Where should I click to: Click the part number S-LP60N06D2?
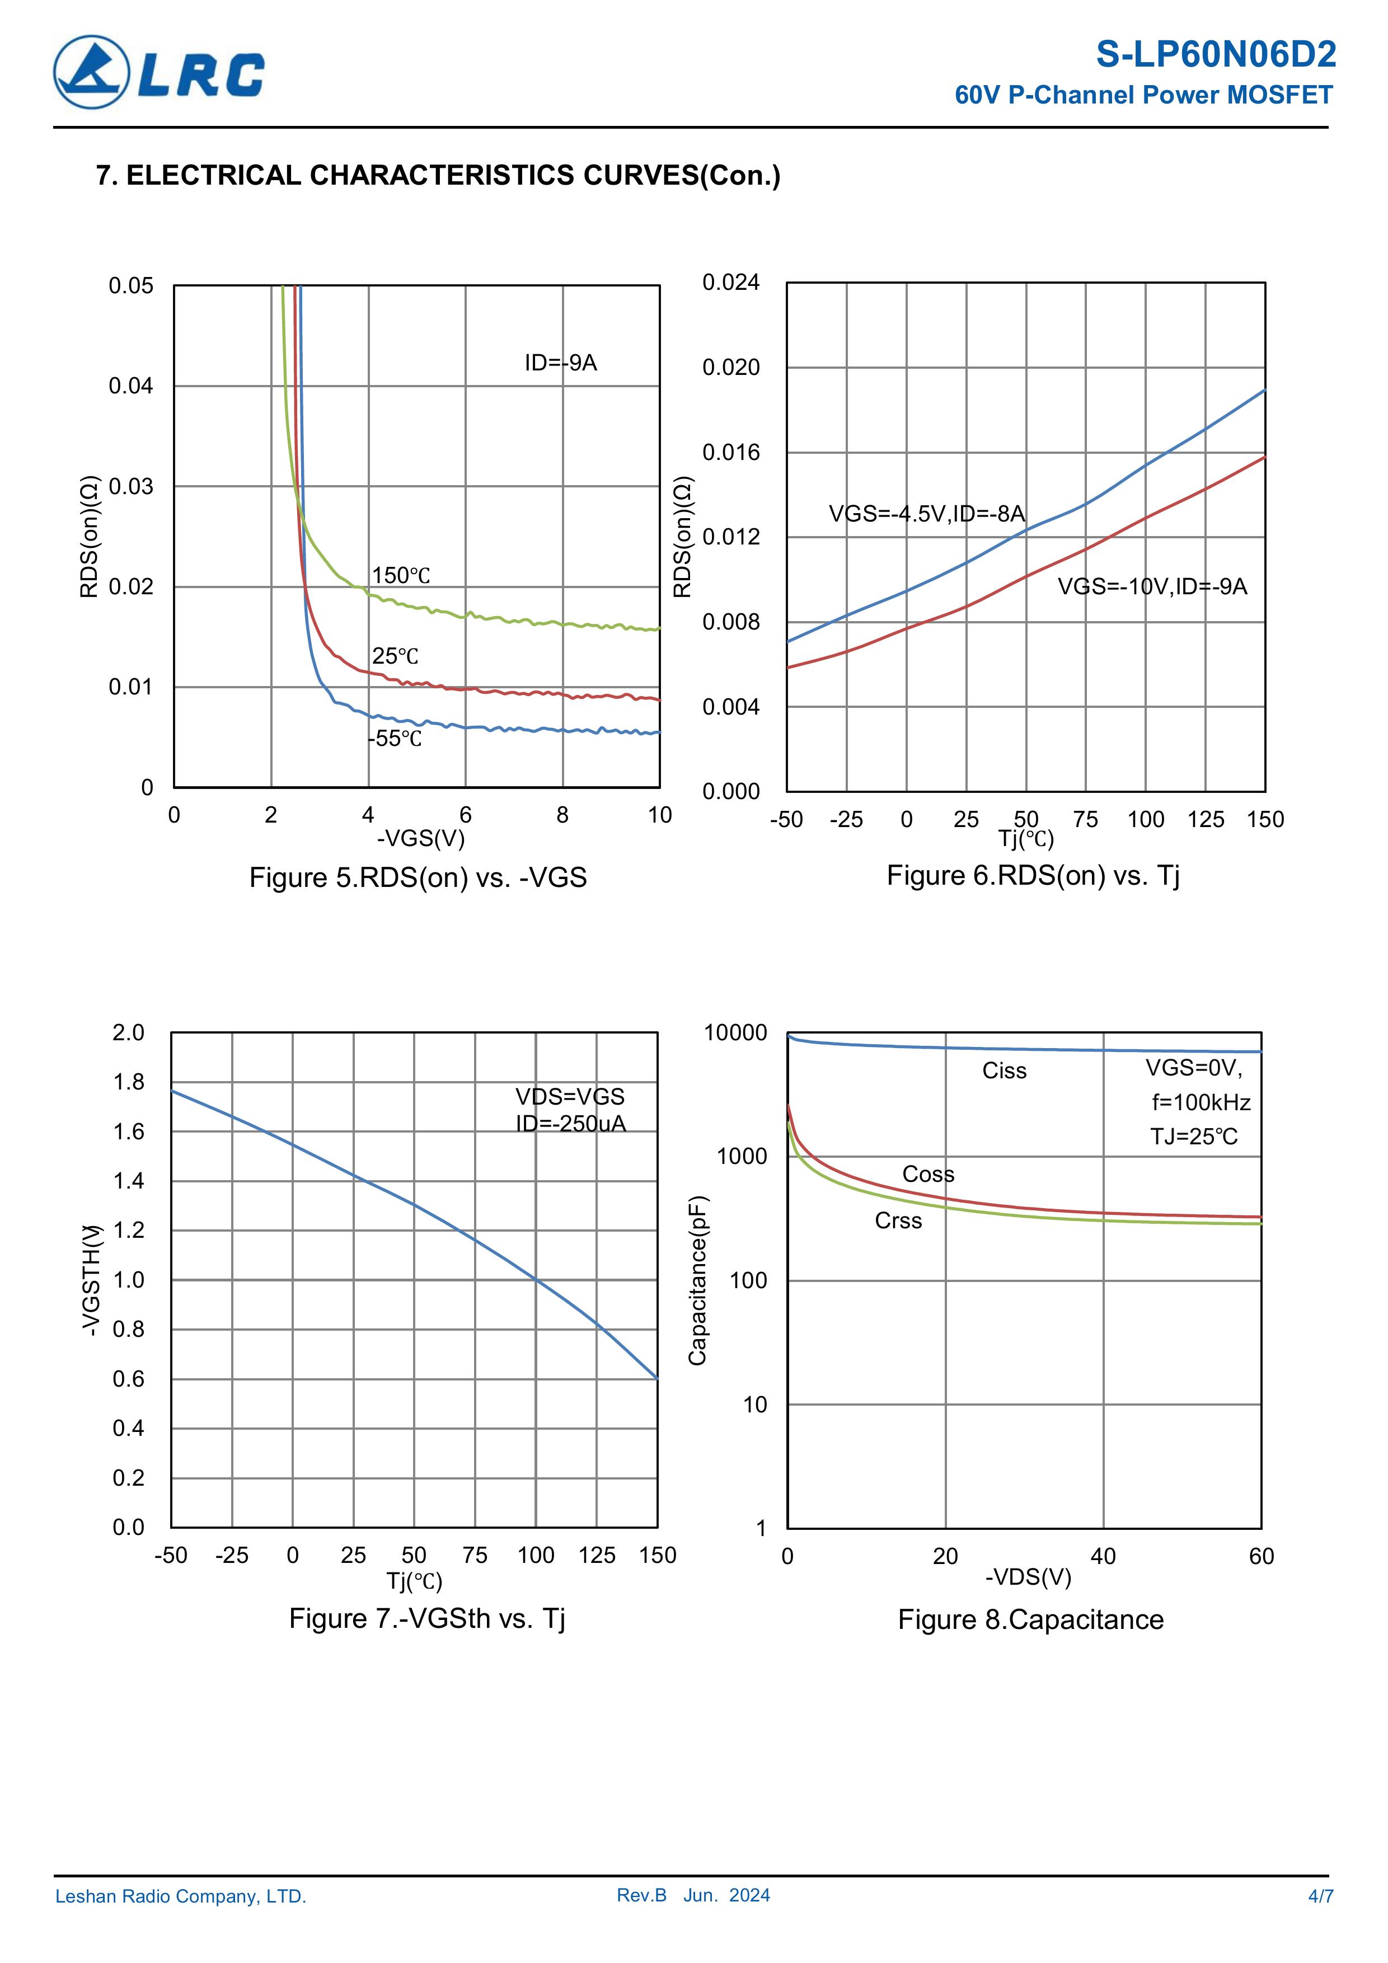[1215, 55]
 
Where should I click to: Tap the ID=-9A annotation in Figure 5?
[560, 363]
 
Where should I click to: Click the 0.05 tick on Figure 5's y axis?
[131, 285]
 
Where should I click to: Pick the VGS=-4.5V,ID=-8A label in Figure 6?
[926, 514]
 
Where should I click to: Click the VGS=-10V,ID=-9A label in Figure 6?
[1152, 586]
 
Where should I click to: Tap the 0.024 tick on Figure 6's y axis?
[730, 282]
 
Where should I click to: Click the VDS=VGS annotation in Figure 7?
[570, 1096]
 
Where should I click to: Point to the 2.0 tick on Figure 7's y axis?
[129, 1033]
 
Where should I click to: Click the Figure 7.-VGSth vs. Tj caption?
[426, 1618]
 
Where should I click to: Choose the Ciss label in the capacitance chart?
[1004, 1071]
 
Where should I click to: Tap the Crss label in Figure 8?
[898, 1221]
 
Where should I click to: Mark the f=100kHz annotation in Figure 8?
[1201, 1103]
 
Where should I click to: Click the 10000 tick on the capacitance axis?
[735, 1033]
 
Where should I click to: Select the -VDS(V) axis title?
[1028, 1576]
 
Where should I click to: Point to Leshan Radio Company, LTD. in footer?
[180, 1896]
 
